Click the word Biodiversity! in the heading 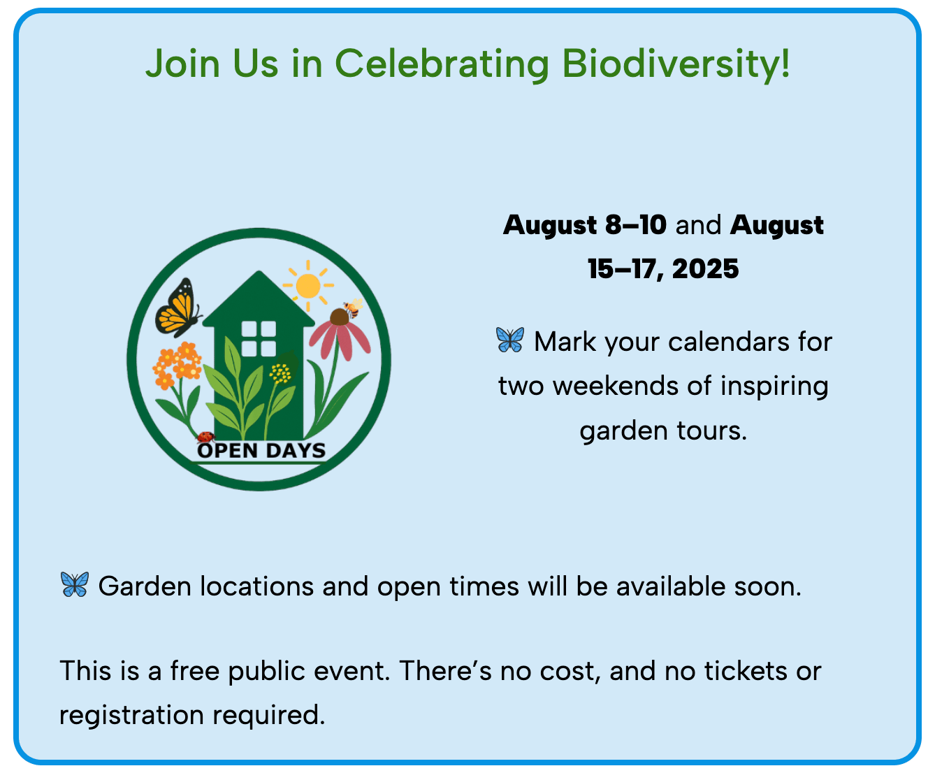[676, 64]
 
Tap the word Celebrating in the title [442, 64]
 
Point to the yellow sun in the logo [308, 286]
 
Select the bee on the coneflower [354, 308]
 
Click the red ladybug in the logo [205, 437]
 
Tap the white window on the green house [259, 338]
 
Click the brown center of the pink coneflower [340, 317]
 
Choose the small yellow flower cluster [280, 373]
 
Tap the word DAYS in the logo [296, 451]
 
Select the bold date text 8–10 [635, 225]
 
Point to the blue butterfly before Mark [510, 340]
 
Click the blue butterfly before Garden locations [75, 584]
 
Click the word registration [131, 716]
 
